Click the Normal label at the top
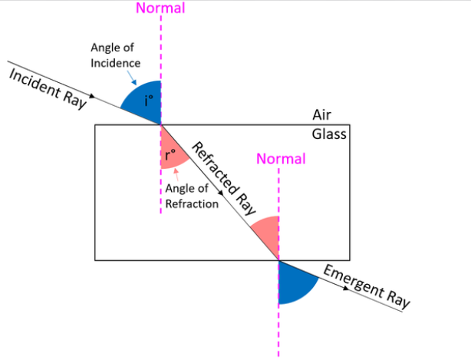(160, 9)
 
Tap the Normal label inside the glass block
(281, 159)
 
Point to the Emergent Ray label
(367, 286)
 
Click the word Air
(322, 114)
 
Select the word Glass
(329, 134)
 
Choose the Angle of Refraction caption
(192, 197)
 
